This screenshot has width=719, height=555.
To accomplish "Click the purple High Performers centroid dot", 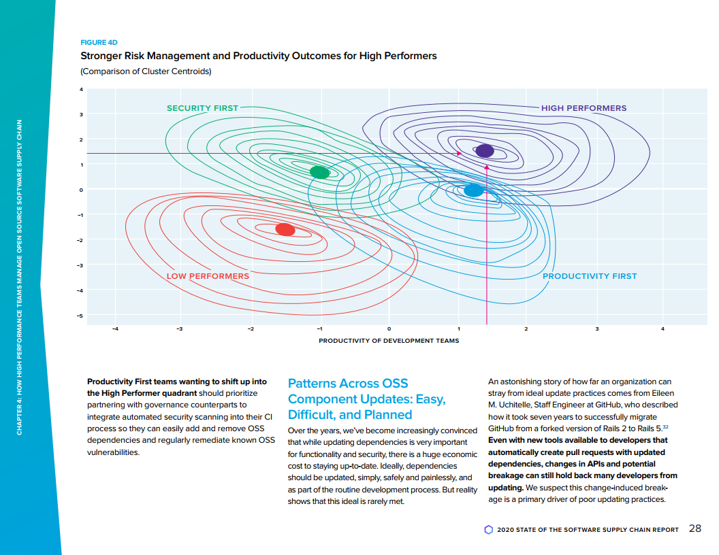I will click(x=485, y=151).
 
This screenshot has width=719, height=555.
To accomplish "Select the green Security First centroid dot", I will click(x=319, y=172).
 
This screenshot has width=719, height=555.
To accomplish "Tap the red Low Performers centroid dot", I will click(x=285, y=230).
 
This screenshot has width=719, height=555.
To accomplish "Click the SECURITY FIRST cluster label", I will click(x=203, y=108).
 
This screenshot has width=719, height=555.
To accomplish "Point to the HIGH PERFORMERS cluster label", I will click(x=584, y=108).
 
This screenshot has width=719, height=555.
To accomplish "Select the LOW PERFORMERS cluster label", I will click(x=208, y=276).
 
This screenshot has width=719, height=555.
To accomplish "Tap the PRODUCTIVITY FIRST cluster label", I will click(x=590, y=276).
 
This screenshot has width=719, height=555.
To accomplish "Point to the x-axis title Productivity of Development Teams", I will click(x=389, y=341).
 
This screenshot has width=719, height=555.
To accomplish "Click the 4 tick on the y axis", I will click(x=80, y=89).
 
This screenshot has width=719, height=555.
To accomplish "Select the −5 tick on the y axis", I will click(x=80, y=316).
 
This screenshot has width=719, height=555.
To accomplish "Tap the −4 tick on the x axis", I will click(x=114, y=329).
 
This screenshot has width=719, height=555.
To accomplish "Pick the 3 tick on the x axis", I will click(x=596, y=329).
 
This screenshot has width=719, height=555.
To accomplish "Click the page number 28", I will click(x=695, y=528).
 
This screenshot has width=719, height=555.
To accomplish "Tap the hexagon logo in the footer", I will click(x=488, y=529).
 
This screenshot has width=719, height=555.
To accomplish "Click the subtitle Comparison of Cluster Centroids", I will click(x=146, y=72).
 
